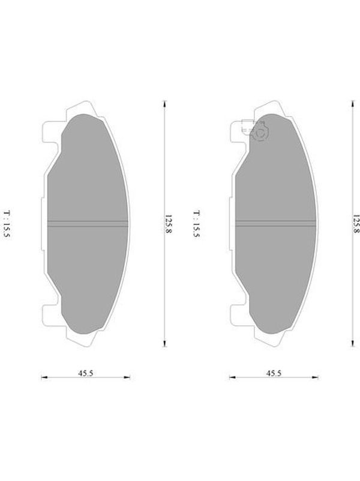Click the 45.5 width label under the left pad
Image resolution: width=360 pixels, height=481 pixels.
coord(85,373)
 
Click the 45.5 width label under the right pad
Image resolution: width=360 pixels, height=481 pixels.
coord(274,373)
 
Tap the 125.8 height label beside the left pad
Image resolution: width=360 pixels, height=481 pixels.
coord(169,224)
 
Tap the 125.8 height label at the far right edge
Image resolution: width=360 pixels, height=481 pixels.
coord(356,224)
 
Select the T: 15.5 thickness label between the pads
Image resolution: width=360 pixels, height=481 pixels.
coord(196,224)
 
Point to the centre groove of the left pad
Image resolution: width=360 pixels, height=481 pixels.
coord(88,224)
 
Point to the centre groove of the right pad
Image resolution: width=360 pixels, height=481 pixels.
coord(275,224)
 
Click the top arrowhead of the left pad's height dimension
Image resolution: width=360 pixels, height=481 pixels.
coord(164,103)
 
